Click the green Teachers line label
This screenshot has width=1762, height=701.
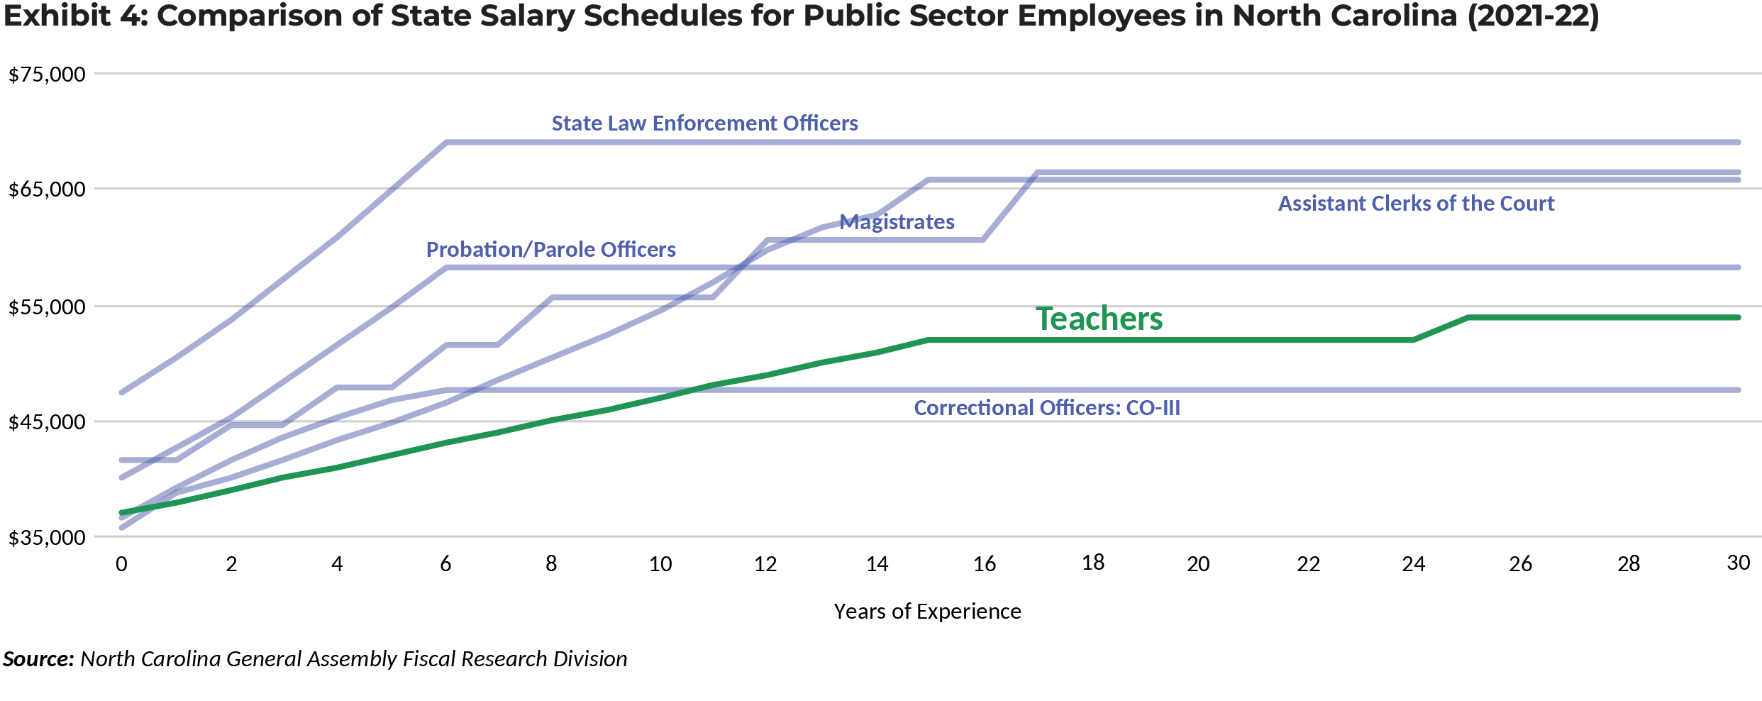point(1099,319)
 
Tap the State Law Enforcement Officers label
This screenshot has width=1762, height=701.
point(705,123)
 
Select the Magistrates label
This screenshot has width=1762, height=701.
point(897,222)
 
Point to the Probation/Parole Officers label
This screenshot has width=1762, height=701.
point(550,250)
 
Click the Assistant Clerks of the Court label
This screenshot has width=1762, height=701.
point(1416,204)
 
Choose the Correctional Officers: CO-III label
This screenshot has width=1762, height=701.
point(1047,408)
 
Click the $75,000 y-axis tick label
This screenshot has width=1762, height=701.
point(47,74)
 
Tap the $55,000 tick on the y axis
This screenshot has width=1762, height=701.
point(47,307)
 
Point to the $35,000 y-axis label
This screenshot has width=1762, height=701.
point(47,538)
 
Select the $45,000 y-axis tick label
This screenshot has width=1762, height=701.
point(47,422)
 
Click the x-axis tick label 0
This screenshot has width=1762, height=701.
point(122,564)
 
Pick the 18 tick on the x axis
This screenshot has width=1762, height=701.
point(1093,563)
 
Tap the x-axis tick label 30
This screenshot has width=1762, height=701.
point(1738,563)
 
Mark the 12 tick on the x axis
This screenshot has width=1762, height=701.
point(765,564)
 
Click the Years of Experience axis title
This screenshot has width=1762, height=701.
point(927,612)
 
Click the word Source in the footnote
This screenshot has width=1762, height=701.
point(38,659)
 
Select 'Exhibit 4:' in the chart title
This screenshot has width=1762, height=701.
point(75,16)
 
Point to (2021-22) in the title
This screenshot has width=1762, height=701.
point(1533,16)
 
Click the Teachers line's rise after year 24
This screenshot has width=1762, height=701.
point(1441,329)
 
